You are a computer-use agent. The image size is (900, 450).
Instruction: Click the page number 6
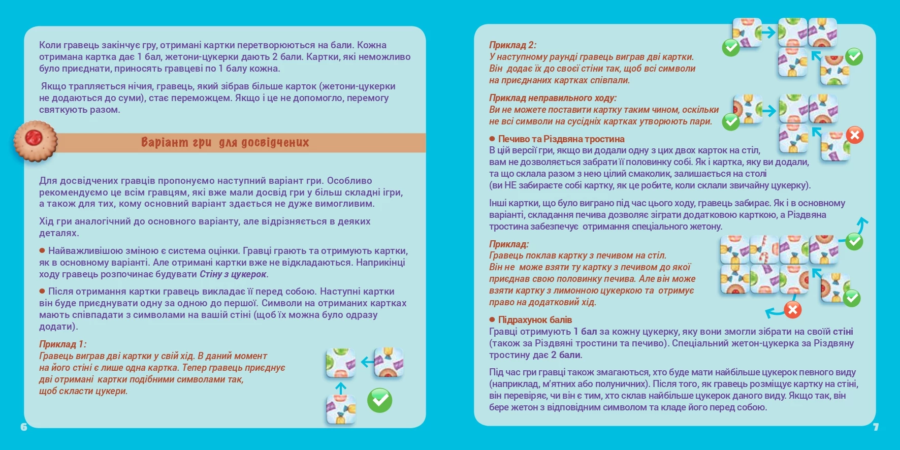pyautogui.click(x=24, y=427)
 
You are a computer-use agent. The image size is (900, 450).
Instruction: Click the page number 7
pyautogui.click(x=876, y=427)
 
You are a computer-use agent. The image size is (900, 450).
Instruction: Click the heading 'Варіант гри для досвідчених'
pyautogui.click(x=224, y=142)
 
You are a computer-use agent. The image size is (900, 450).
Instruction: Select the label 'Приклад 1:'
pyautogui.click(x=62, y=344)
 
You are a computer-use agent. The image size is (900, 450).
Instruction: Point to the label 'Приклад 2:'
pyautogui.click(x=512, y=45)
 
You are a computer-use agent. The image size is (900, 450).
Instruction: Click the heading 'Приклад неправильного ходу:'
pyautogui.click(x=553, y=98)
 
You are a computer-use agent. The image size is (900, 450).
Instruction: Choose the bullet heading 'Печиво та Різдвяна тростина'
pyautogui.click(x=561, y=139)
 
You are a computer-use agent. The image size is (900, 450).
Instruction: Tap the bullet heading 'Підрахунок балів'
pyautogui.click(x=534, y=319)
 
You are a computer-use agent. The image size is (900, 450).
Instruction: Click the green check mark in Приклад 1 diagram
pyautogui.click(x=379, y=400)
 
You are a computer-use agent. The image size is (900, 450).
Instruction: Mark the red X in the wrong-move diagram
pyautogui.click(x=855, y=135)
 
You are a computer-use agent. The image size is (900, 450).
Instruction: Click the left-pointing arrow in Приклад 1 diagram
pyautogui.click(x=366, y=362)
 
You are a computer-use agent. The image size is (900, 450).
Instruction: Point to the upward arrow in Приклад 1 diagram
pyautogui.click(x=341, y=388)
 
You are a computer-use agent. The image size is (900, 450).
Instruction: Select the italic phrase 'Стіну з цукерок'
pyautogui.click(x=233, y=274)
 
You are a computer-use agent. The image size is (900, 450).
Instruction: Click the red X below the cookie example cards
pyautogui.click(x=792, y=309)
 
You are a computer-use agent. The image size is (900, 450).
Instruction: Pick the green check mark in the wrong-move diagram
pyautogui.click(x=731, y=122)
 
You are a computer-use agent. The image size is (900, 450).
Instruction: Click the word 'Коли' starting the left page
pyautogui.click(x=50, y=45)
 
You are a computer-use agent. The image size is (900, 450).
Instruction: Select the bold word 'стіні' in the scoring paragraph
pyautogui.click(x=843, y=332)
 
